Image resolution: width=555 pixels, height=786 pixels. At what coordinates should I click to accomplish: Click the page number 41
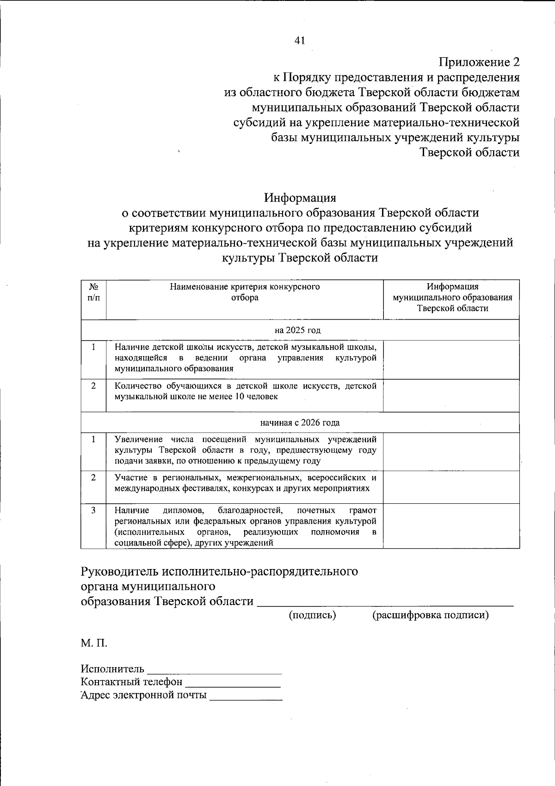(300, 41)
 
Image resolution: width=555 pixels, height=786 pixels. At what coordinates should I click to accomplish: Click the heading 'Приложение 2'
(479, 62)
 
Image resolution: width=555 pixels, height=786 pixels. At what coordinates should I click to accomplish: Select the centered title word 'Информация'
(300, 198)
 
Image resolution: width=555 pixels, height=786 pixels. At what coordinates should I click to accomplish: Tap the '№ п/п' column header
(93, 292)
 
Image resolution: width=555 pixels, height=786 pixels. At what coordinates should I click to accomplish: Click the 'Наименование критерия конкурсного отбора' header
(245, 292)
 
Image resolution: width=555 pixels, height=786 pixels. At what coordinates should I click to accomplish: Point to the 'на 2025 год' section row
(297, 330)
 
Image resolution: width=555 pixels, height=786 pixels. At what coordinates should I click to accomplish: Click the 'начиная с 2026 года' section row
(300, 422)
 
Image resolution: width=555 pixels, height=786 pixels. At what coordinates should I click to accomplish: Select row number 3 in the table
(93, 510)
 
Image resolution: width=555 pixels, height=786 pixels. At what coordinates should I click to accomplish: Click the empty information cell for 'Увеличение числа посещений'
(451, 452)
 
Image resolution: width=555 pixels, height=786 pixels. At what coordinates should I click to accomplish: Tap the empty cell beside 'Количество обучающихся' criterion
(451, 396)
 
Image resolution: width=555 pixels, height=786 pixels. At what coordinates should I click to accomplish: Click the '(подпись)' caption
(312, 615)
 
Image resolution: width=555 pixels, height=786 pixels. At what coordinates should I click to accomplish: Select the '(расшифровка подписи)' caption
(430, 615)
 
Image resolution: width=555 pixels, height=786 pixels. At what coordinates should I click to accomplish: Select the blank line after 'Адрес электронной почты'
(246, 696)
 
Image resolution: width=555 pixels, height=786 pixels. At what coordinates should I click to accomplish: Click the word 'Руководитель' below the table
(118, 571)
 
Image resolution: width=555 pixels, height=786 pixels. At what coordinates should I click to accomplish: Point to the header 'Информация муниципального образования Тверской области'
(452, 297)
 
